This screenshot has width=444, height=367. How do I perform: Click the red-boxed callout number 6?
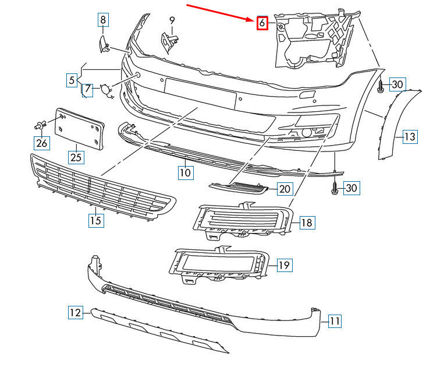click(262, 23)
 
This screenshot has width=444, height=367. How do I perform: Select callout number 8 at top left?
click(103, 20)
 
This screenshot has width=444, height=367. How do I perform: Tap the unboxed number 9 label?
click(172, 20)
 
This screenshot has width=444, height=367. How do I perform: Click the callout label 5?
click(72, 80)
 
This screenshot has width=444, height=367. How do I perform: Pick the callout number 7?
click(87, 89)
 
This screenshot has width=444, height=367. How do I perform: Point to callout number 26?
click(42, 143)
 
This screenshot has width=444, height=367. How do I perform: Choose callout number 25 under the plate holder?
click(76, 157)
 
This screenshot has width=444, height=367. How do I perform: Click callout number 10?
click(186, 172)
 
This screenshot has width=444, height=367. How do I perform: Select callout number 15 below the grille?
click(96, 220)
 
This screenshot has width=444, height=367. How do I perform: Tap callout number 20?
click(285, 189)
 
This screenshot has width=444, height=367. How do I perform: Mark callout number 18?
click(307, 223)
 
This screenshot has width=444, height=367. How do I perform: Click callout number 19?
click(285, 265)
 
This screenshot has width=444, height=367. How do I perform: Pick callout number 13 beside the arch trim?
click(410, 137)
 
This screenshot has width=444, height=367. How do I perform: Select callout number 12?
click(76, 313)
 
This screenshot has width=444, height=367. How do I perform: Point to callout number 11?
click(335, 321)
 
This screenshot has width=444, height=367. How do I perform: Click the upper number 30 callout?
click(397, 84)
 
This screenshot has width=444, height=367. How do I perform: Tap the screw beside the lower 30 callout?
click(335, 188)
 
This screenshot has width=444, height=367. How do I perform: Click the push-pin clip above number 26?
click(41, 125)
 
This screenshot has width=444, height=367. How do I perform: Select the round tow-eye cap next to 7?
click(105, 89)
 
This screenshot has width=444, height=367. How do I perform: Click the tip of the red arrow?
click(254, 20)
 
